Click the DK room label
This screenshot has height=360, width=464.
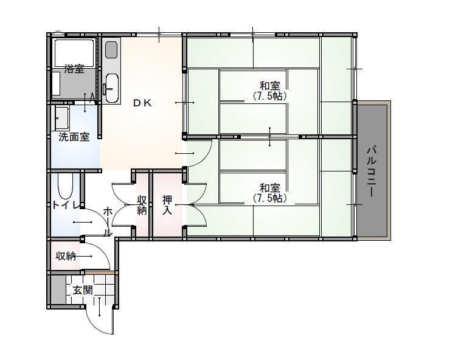click(142, 103)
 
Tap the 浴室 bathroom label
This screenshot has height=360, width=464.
click(74, 69)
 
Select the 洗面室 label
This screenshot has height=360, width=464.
click(74, 137)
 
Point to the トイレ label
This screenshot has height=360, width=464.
click(66, 205)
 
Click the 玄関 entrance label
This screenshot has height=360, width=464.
click(83, 290)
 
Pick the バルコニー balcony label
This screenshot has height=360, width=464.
click(372, 171)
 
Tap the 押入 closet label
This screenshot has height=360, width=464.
click(167, 205)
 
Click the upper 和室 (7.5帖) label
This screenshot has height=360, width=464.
click(269, 91)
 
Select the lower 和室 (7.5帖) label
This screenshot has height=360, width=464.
click(269, 193)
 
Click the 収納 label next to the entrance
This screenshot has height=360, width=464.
click(66, 256)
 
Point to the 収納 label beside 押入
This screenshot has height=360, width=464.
click(142, 205)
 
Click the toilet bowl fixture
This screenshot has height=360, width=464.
click(66, 186)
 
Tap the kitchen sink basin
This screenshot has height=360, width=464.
click(112, 88)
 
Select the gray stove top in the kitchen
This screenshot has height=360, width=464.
click(111, 50)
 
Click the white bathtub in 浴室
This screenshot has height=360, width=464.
click(74, 53)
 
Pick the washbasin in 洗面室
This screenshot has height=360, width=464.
click(62, 117)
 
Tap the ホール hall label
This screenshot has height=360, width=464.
click(108, 222)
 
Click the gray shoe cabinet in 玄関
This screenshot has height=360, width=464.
click(58, 289)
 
